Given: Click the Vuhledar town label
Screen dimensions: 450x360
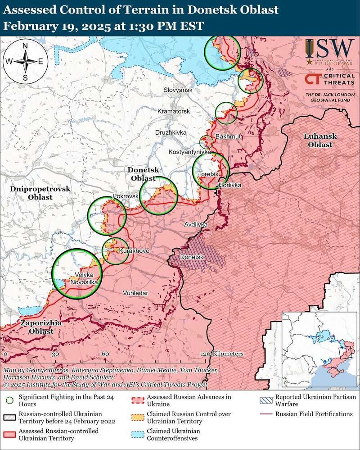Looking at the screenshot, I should [135, 293].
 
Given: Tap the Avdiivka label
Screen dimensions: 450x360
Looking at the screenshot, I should [196, 224].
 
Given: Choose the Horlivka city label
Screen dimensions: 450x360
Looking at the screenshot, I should [230, 185].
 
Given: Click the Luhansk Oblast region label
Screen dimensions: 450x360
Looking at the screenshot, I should [318, 140].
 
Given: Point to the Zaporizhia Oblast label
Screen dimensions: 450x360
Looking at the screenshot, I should [36, 327].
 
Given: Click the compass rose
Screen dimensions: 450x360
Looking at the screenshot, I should [25, 61].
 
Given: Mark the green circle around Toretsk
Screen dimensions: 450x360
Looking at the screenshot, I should [211, 171].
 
